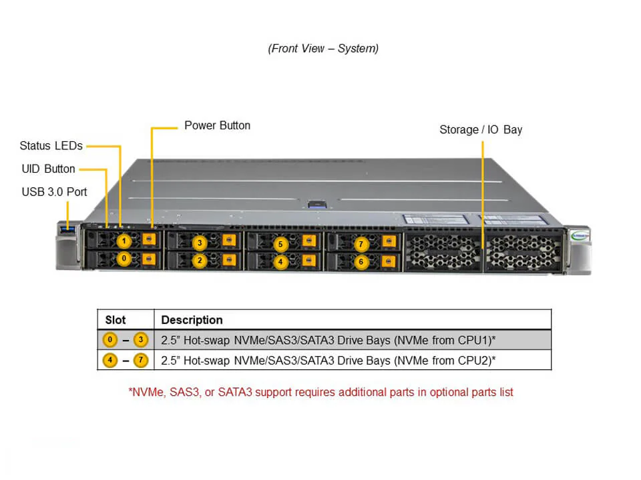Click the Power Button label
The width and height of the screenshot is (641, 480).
point(217,125)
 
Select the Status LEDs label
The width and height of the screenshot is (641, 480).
point(51,145)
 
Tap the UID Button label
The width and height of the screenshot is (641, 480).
point(48,169)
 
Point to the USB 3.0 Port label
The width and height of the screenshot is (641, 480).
point(54,192)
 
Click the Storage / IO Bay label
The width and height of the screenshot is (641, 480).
point(481,129)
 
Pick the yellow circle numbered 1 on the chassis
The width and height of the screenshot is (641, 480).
point(124,241)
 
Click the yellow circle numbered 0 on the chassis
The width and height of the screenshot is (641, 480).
point(124,258)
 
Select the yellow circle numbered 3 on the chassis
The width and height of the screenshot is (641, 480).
point(199,243)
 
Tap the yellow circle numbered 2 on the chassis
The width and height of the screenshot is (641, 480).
point(199,261)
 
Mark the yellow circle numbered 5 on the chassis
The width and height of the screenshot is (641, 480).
point(280,244)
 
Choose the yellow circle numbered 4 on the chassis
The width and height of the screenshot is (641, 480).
point(280,262)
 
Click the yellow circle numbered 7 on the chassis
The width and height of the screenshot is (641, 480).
point(361,244)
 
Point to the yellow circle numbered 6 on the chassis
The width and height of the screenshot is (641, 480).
point(361,262)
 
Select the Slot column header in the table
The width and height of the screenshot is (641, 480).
point(116,320)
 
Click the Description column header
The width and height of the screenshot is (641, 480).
point(192,320)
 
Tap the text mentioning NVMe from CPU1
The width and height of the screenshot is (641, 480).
point(328,340)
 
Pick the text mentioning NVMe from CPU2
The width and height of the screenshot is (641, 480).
point(328,361)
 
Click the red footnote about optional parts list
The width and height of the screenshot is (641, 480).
point(320,392)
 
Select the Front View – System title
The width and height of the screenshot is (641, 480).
point(323,48)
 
